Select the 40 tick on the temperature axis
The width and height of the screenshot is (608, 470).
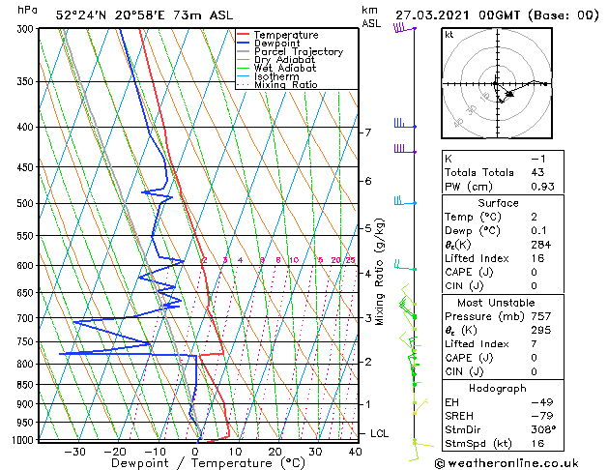pyautogui.click(x=355, y=451)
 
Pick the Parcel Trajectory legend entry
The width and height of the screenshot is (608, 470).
pyautogui.click(x=298, y=52)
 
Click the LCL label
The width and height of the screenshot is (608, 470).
pyautogui.click(x=379, y=434)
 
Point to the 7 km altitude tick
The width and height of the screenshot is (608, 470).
pyautogui.click(x=367, y=132)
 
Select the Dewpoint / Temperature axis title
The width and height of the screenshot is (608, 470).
pyautogui.click(x=197, y=463)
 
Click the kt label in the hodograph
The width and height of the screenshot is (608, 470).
pyautogui.click(x=449, y=34)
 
